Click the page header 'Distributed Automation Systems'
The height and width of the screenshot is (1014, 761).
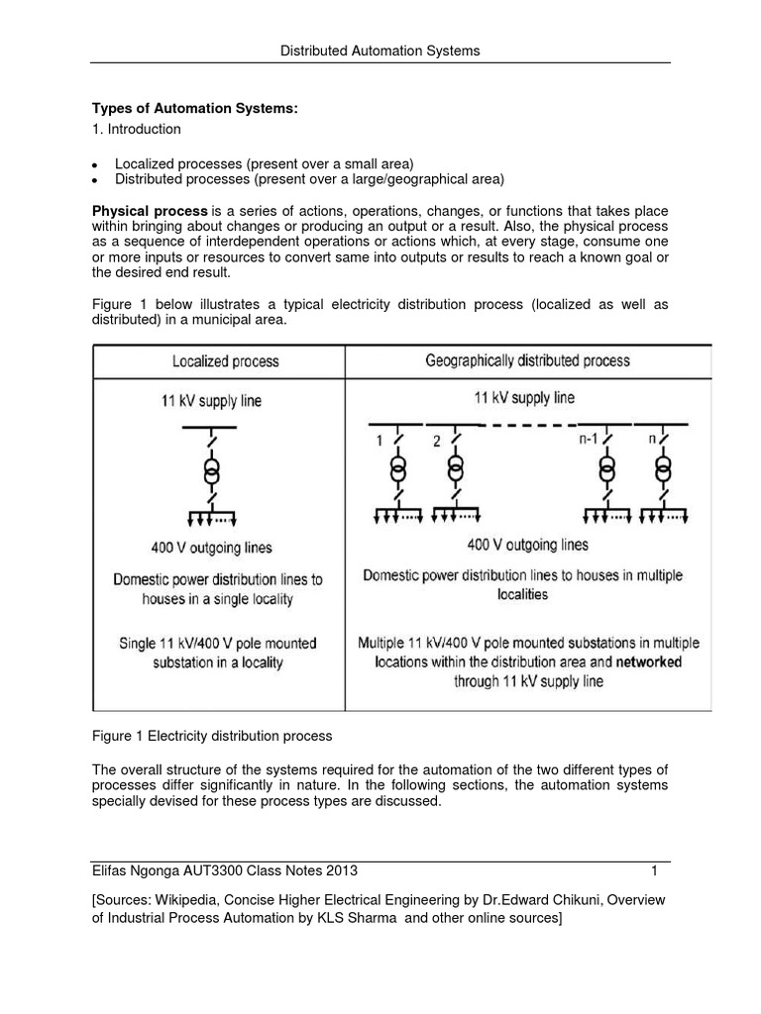point(380,50)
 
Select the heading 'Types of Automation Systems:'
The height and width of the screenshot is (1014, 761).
point(194,108)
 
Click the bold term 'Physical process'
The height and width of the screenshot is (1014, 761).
point(150,211)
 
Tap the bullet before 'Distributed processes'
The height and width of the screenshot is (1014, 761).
point(93,181)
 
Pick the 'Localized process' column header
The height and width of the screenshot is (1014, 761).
point(226,361)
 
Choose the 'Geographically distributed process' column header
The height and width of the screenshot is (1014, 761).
point(528,360)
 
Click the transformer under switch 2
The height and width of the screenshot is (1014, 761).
point(455,469)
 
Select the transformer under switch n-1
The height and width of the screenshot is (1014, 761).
point(605,469)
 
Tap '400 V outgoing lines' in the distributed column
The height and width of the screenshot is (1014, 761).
point(527,545)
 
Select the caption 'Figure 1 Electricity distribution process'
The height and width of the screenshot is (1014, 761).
point(212,736)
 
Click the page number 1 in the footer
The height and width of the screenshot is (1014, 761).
point(655,870)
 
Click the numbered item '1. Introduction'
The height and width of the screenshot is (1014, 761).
point(137,129)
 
